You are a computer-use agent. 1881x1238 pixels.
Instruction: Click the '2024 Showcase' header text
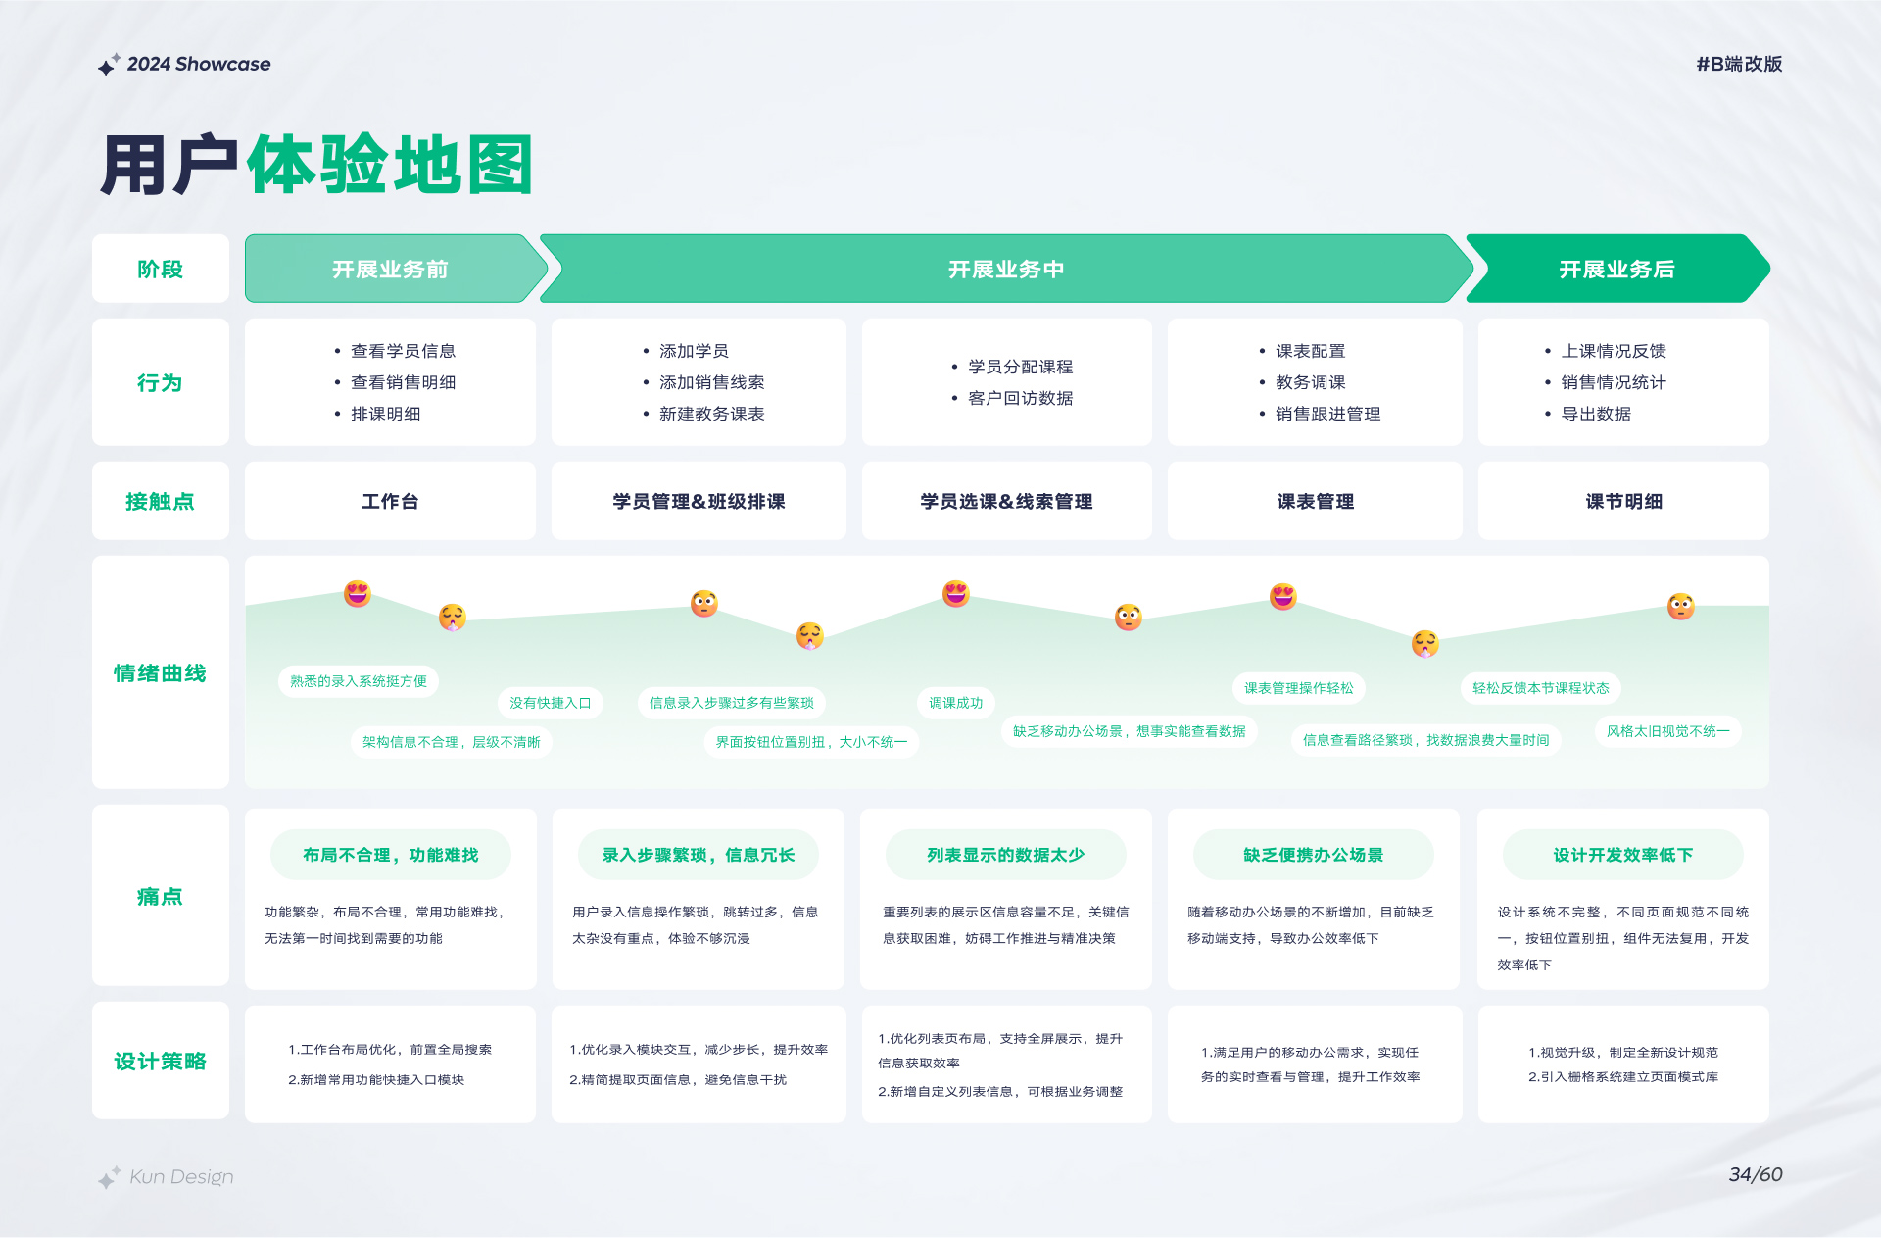199,65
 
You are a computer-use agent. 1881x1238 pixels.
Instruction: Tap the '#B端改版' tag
1739,65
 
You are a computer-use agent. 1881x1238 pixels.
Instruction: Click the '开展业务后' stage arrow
1617,269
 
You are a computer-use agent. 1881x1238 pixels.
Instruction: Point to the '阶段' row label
161,269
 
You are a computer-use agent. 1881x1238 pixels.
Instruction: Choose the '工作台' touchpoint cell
390,501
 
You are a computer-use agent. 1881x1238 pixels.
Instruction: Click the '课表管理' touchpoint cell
1315,501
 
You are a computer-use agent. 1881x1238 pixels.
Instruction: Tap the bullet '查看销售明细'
403,382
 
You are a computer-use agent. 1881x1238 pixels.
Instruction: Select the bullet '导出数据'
1596,414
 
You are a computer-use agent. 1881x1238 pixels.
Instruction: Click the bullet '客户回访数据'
1020,398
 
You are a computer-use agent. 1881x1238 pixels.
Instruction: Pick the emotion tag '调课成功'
956,703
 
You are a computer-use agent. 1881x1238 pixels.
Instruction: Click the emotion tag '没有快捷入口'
551,703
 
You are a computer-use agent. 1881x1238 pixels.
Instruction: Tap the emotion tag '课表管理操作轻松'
1299,688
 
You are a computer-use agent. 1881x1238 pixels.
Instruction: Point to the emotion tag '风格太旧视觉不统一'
1668,731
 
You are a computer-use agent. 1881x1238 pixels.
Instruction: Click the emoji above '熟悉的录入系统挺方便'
358,593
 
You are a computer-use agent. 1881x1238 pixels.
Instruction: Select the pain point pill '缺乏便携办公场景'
1314,855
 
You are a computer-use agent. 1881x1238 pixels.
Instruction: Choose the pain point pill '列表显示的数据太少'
1006,855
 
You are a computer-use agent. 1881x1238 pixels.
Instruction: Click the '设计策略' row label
161,1062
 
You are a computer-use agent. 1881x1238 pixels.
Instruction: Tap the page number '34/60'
1756,1174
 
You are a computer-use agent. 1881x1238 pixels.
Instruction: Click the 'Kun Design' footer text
181,1176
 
